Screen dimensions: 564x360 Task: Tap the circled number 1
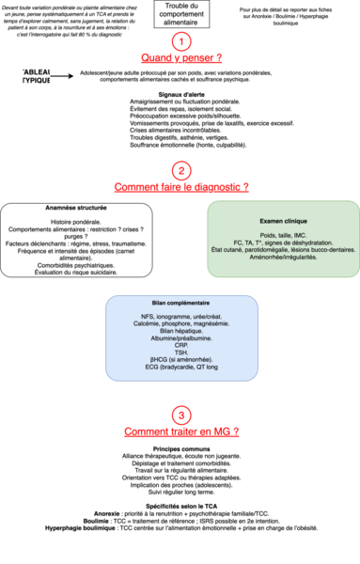click(180, 41)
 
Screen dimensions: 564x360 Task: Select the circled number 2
click(180, 171)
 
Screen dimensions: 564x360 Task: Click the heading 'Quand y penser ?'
click(180, 58)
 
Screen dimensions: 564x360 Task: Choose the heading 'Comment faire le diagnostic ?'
click(180, 188)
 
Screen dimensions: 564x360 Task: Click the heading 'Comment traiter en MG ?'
click(180, 432)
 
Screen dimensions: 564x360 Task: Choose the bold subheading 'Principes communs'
click(180, 448)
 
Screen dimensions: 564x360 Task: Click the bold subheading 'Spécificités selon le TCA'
click(180, 506)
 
